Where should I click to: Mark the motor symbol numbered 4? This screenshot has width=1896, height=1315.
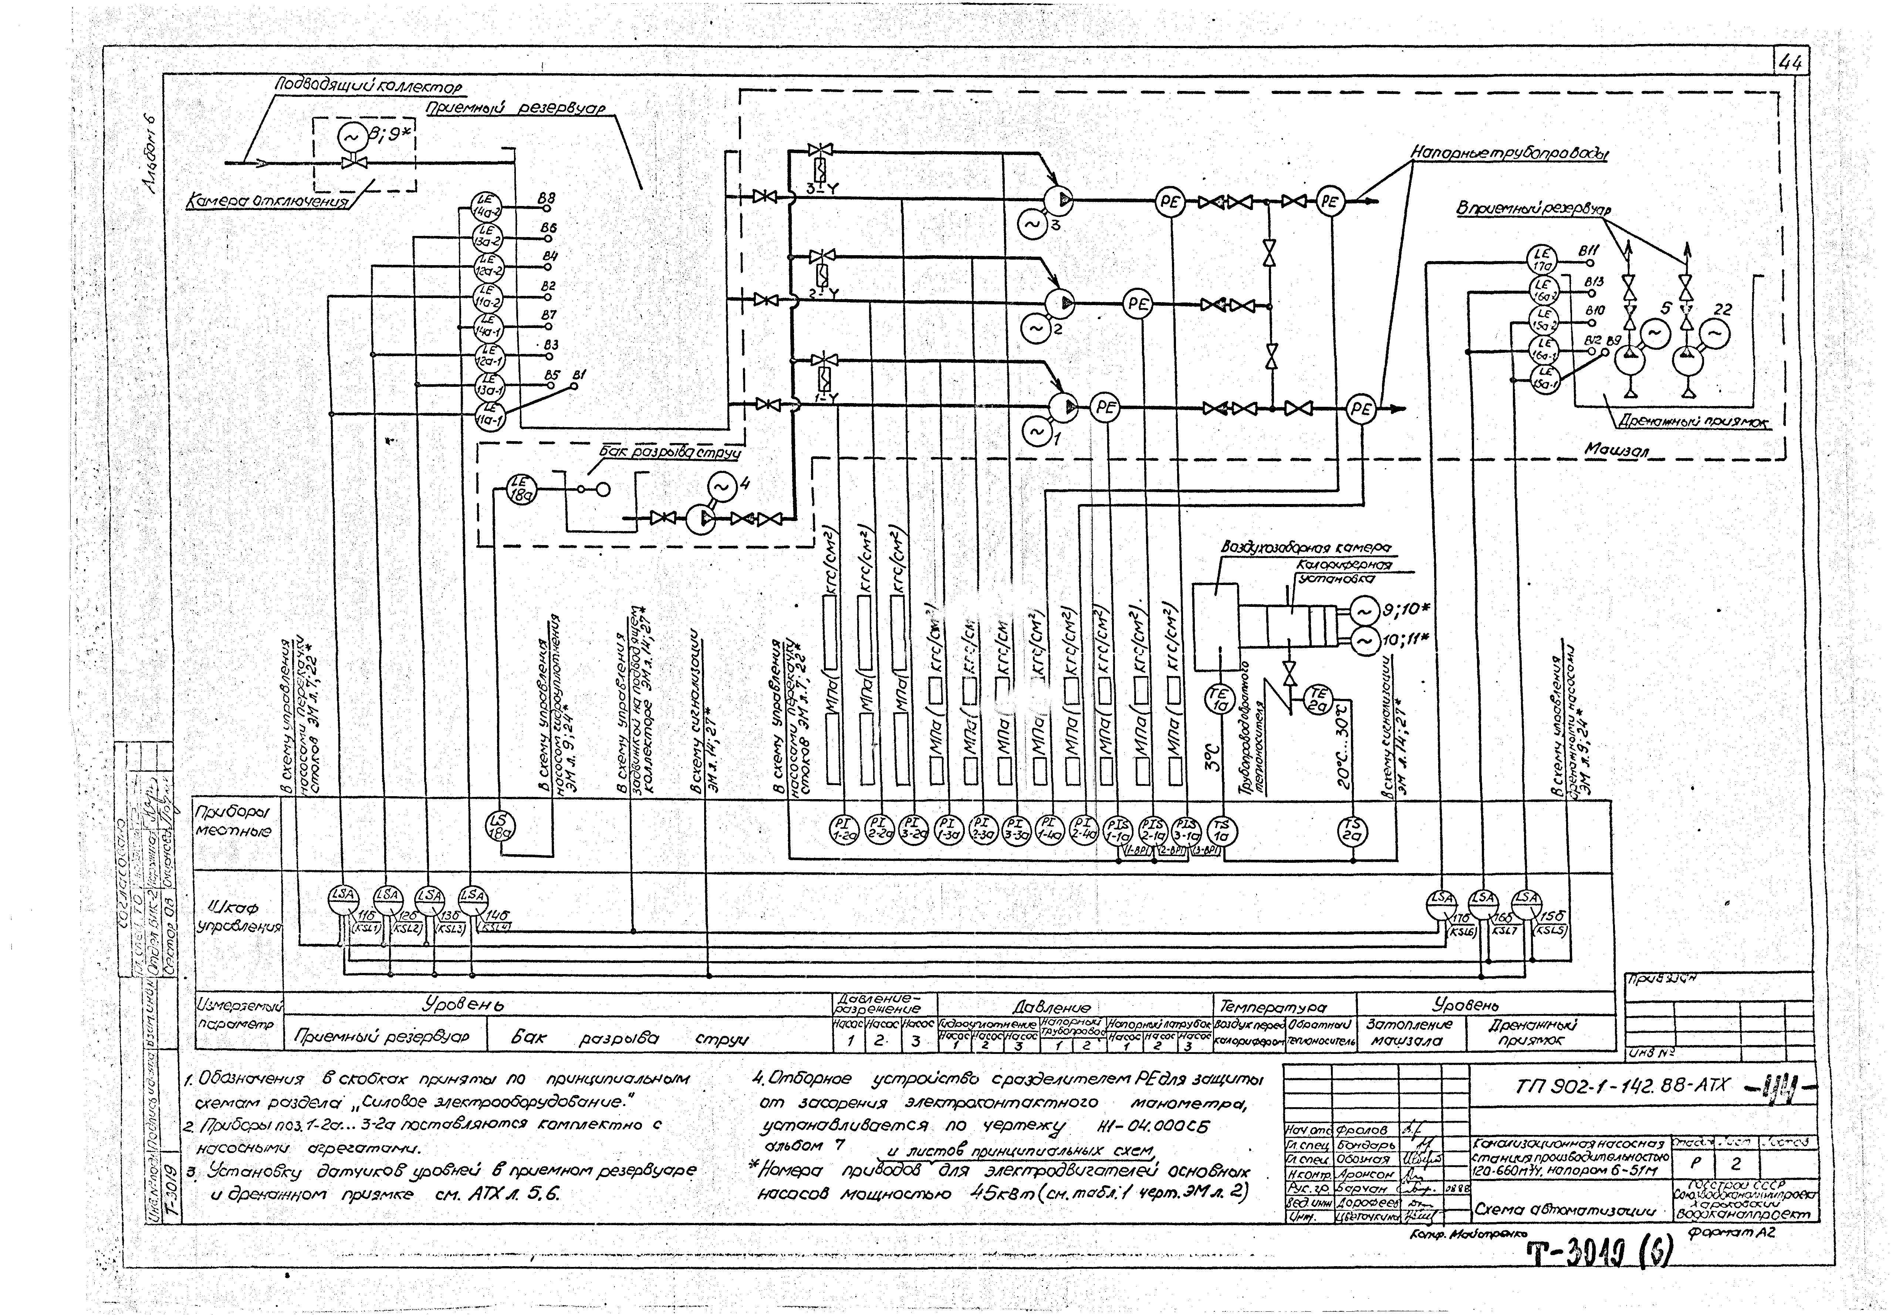(722, 488)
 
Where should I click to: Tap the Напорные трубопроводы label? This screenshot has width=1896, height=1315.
(1510, 154)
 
